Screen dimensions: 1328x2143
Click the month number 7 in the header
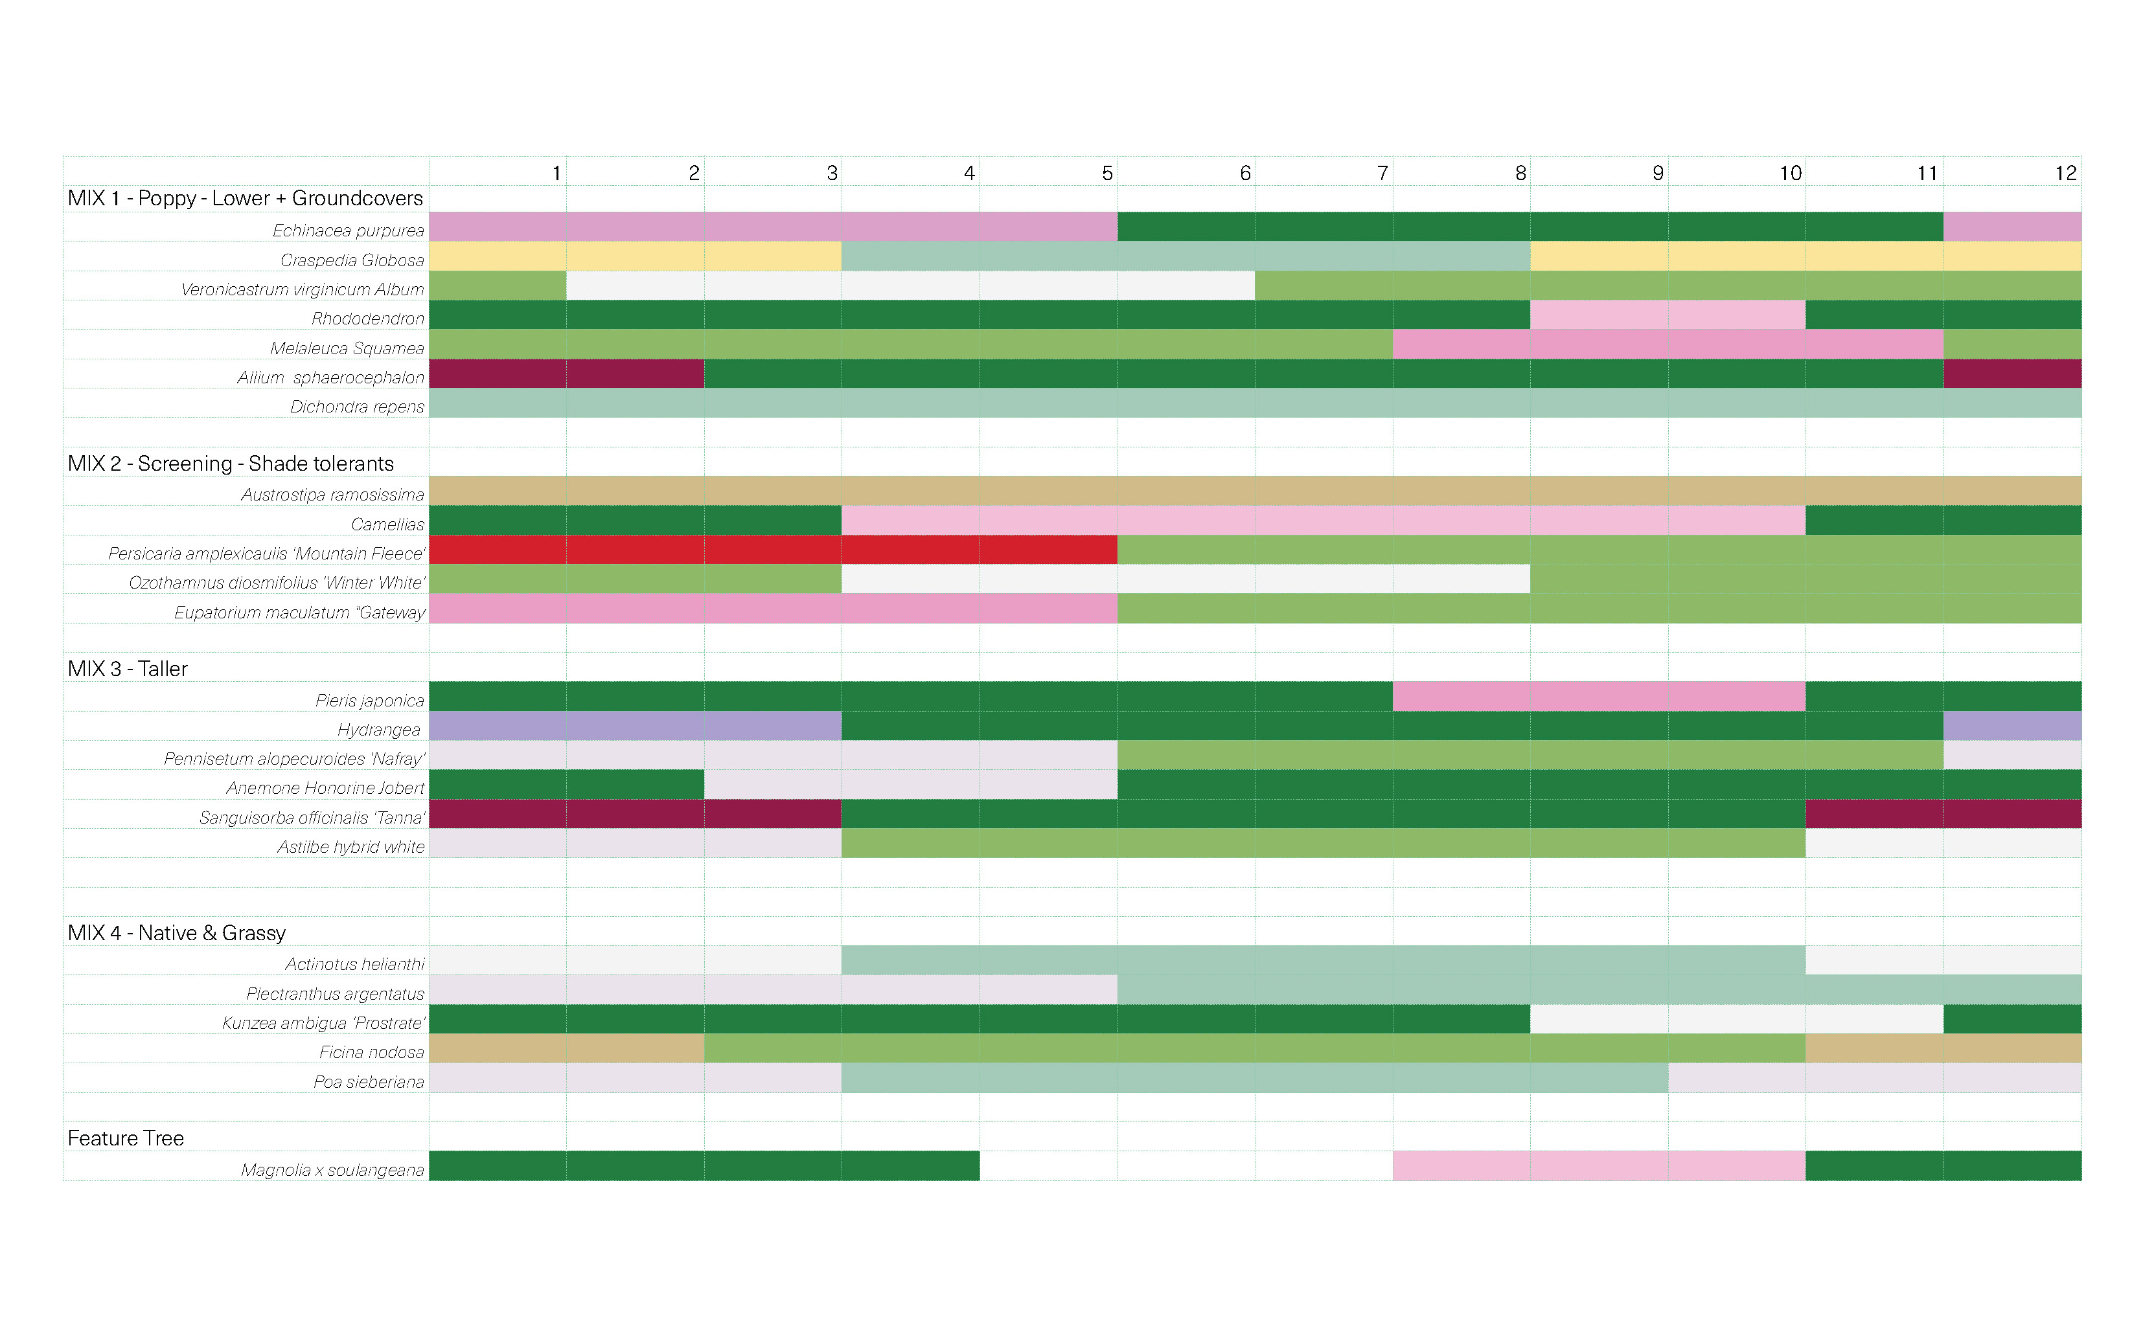tap(1382, 173)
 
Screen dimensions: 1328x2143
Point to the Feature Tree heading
tap(126, 1138)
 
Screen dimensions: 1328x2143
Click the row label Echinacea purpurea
tap(348, 230)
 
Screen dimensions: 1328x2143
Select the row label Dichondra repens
tap(357, 407)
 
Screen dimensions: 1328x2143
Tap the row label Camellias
tap(387, 524)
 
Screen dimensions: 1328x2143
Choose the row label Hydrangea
tap(379, 729)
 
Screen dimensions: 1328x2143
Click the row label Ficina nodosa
tap(372, 1052)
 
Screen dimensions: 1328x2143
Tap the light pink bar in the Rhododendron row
tap(1667, 315)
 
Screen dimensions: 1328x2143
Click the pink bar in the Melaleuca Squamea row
tap(1667, 344)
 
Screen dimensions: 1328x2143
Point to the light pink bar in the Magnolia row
tap(1598, 1165)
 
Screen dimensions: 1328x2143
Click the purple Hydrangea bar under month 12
tap(2011, 725)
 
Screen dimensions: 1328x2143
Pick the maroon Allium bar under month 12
tap(2011, 374)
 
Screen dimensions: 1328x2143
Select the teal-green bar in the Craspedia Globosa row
tap(1186, 256)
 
